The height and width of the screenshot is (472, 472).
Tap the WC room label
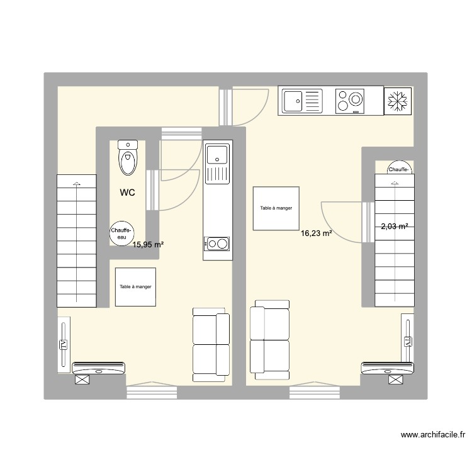pos(129,193)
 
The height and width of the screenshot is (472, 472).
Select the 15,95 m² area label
pos(148,244)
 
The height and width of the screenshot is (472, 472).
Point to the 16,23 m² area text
pos(317,233)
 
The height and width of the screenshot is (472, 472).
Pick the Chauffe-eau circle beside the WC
pos(121,233)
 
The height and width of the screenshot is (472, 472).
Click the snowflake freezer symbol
pos(398,101)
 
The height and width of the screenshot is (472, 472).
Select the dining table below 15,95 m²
pos(135,287)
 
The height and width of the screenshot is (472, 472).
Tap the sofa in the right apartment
pos(270,340)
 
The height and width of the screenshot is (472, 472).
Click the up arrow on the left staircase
pos(77,184)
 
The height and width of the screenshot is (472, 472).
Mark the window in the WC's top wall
pos(181,132)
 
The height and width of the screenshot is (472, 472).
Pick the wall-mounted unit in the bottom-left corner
pos(99,368)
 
